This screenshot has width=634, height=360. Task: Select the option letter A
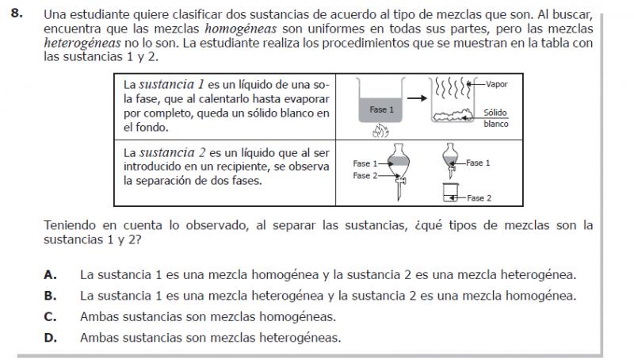pos(50,276)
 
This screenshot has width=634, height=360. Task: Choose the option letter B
pos(50,297)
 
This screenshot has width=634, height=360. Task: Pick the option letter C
pos(50,317)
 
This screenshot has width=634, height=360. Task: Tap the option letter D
pos(50,338)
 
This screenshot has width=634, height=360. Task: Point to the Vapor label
pos(497,82)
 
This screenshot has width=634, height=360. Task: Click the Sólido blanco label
pos(495,118)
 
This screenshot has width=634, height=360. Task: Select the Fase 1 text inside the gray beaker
pos(380,109)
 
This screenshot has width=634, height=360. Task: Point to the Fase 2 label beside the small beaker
pos(479,198)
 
